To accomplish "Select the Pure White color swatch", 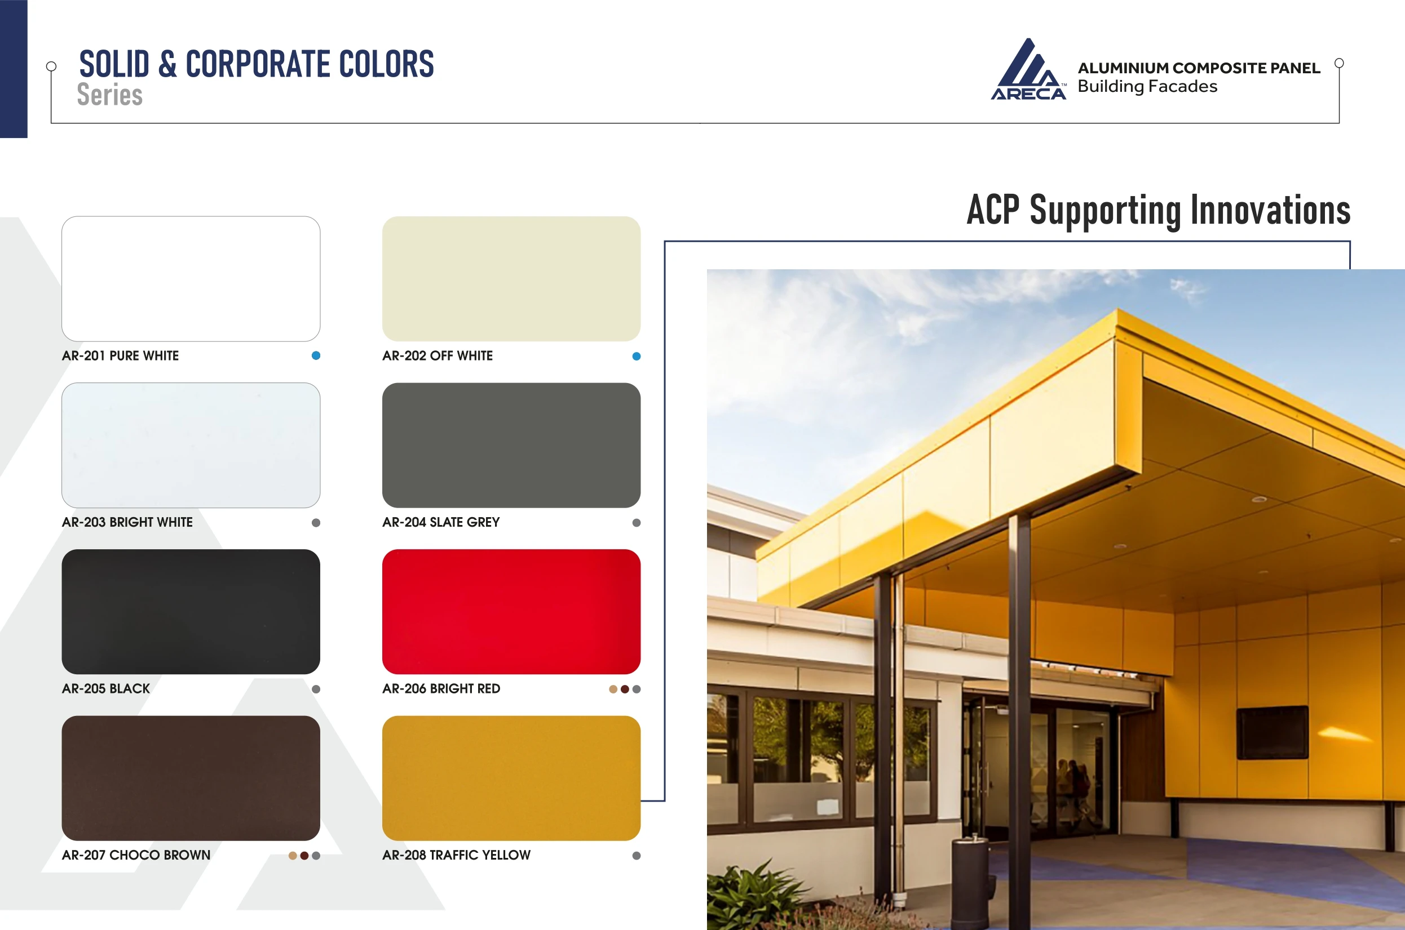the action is pos(191,279).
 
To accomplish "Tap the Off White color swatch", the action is pos(511,279).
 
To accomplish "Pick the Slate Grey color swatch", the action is pos(511,445).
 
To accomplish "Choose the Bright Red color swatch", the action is pos(511,612).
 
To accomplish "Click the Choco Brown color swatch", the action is pos(191,778).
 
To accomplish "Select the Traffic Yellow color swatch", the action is pos(511,778).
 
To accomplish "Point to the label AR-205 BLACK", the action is pos(105,688).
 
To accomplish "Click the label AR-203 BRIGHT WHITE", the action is pos(127,522).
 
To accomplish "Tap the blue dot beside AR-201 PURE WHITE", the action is pos(316,355).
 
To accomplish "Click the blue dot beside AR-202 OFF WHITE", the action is pos(637,356).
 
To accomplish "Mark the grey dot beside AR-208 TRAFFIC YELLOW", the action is pos(637,855).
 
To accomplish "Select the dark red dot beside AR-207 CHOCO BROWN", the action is pos(304,855).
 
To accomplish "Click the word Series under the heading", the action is pos(110,95).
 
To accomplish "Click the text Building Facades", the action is pos(1147,87).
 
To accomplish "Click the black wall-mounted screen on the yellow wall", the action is pos(1272,732).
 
